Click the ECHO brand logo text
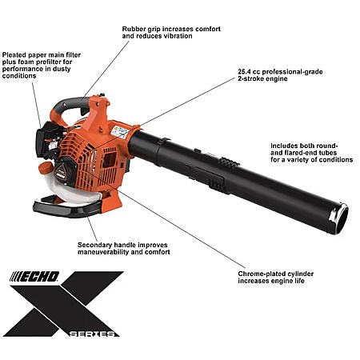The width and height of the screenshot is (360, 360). (x=34, y=277)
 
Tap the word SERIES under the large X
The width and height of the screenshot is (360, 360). (x=92, y=334)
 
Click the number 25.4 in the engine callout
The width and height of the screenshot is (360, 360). (x=245, y=72)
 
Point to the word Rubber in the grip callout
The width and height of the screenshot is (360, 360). (x=132, y=29)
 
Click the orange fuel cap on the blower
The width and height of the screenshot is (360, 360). (x=46, y=168)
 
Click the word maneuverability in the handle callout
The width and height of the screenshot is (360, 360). (x=103, y=252)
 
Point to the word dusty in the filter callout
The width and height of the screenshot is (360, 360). (x=62, y=69)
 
